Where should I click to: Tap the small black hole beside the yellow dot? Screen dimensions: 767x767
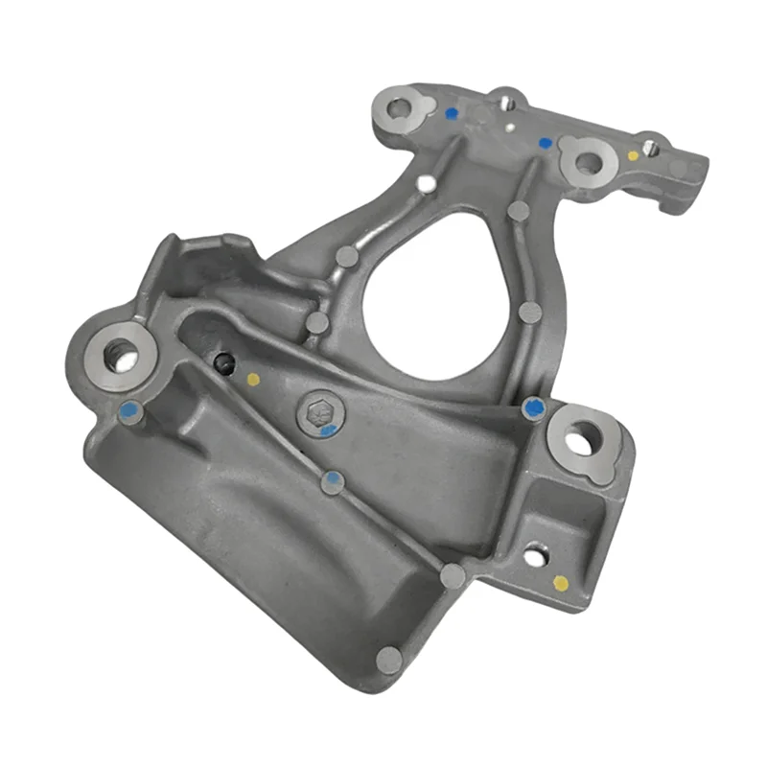click(x=224, y=362)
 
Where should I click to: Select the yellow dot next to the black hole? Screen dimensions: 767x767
click(x=253, y=380)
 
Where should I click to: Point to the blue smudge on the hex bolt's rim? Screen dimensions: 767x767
click(x=328, y=430)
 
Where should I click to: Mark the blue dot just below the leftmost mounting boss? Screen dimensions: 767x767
click(x=129, y=412)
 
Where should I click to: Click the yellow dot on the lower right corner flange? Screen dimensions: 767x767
click(x=561, y=582)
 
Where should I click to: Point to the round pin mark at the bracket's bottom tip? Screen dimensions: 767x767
click(x=388, y=660)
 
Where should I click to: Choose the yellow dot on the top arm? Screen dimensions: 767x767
click(x=633, y=154)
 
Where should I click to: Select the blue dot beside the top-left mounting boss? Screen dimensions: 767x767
click(x=452, y=113)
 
